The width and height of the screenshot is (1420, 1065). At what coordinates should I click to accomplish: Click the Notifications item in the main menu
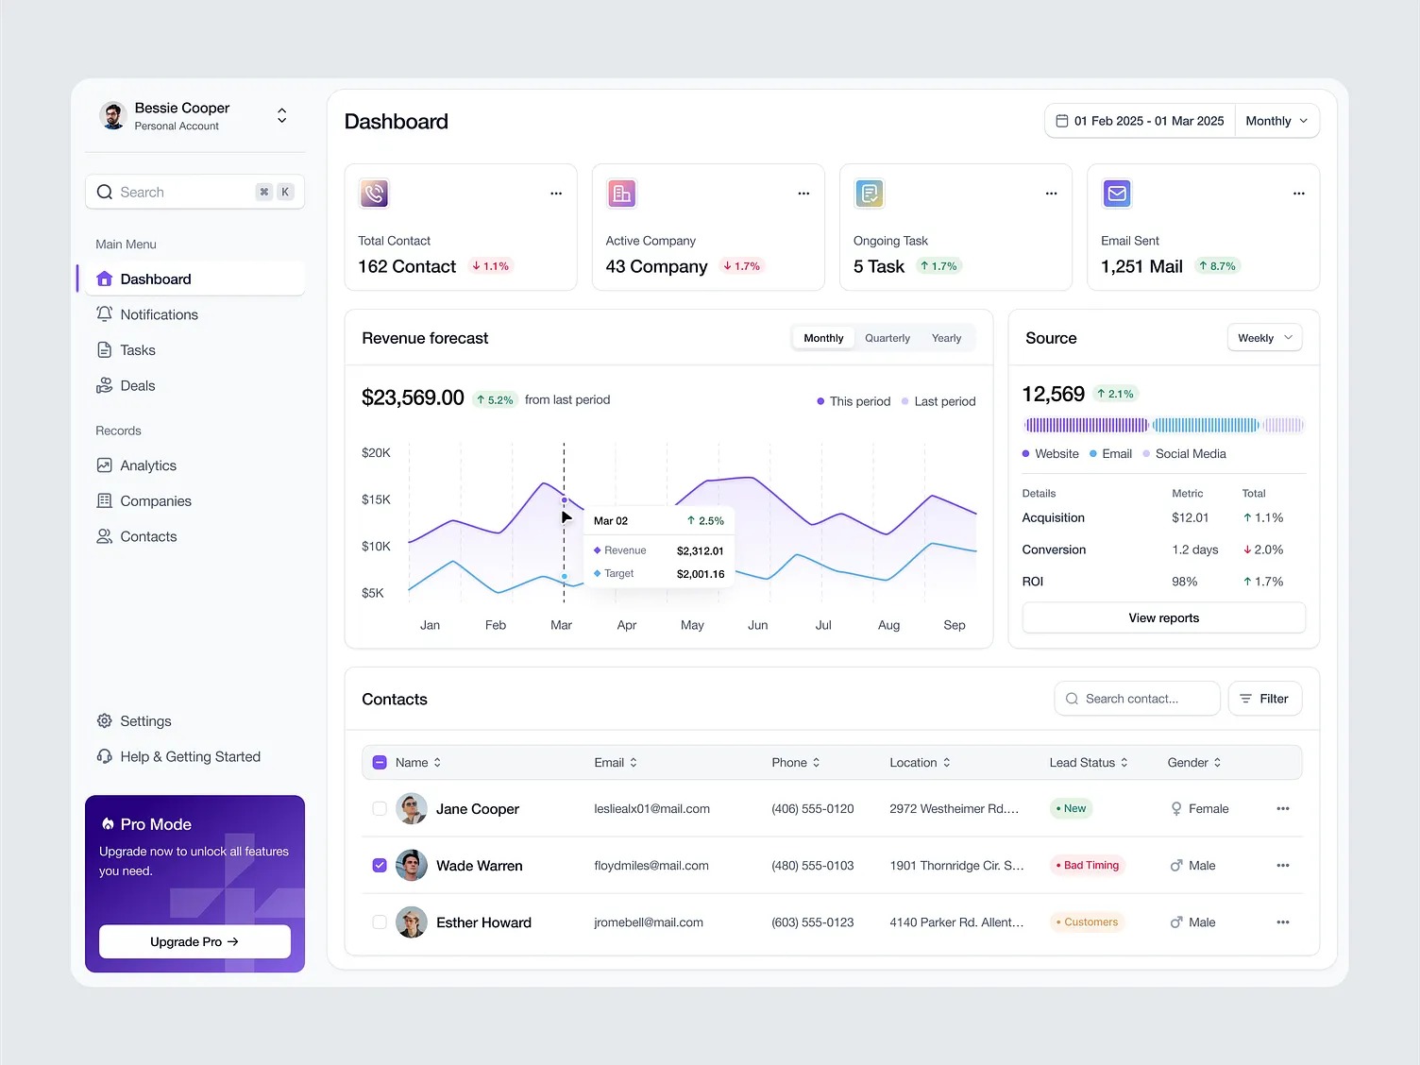[159, 314]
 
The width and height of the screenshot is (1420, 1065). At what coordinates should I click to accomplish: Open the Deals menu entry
[137, 385]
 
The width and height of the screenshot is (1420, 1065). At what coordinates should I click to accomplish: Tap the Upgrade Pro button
[194, 941]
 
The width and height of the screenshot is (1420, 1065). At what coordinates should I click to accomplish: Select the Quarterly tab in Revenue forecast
[887, 338]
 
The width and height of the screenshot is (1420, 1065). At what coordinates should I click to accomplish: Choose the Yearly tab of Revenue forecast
[946, 338]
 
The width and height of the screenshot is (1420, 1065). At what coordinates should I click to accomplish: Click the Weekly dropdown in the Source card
[1264, 338]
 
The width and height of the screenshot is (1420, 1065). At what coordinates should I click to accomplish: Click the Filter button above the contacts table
[1264, 699]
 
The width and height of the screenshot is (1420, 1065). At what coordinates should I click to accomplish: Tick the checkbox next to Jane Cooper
[380, 808]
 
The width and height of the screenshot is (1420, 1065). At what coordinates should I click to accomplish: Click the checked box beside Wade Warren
[380, 865]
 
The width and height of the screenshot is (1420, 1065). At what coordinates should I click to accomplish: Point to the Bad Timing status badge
[1088, 865]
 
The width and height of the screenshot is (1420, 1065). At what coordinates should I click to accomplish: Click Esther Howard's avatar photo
[411, 922]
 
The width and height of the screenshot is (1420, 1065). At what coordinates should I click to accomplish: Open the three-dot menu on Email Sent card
[1298, 194]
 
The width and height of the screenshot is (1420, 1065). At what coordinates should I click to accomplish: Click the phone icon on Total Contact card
[375, 194]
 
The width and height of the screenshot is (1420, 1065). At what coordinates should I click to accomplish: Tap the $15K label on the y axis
[376, 499]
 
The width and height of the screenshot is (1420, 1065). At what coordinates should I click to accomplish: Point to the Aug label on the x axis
[888, 625]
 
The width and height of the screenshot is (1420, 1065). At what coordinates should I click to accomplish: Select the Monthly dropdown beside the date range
[1276, 121]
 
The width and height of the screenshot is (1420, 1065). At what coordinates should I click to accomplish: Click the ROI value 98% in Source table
[1184, 582]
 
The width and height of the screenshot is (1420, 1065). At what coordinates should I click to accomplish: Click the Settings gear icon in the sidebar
[105, 721]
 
